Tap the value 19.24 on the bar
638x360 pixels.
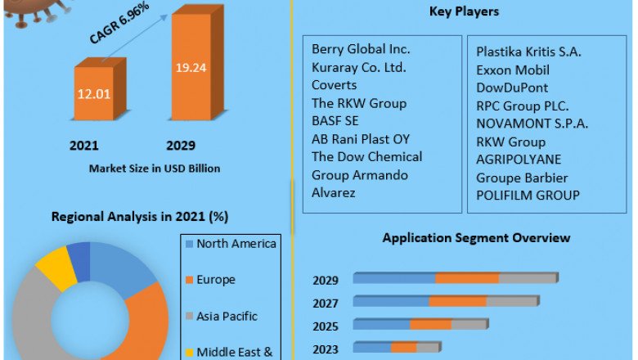tap(196, 68)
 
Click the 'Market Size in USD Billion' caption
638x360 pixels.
tap(155, 169)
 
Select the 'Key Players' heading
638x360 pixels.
tap(465, 12)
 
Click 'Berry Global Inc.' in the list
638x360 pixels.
tap(361, 50)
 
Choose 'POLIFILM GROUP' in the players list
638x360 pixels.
tap(528, 195)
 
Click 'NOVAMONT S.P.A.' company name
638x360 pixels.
tap(532, 124)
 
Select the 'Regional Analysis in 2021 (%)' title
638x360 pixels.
tap(139, 217)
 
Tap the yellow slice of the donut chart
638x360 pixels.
tap(55, 268)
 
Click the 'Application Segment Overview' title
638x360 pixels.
tap(476, 237)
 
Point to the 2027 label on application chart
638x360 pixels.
tap(326, 303)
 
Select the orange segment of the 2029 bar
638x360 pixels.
tap(467, 279)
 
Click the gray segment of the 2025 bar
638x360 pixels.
tap(470, 325)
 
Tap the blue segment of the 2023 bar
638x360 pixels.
tap(372, 348)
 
